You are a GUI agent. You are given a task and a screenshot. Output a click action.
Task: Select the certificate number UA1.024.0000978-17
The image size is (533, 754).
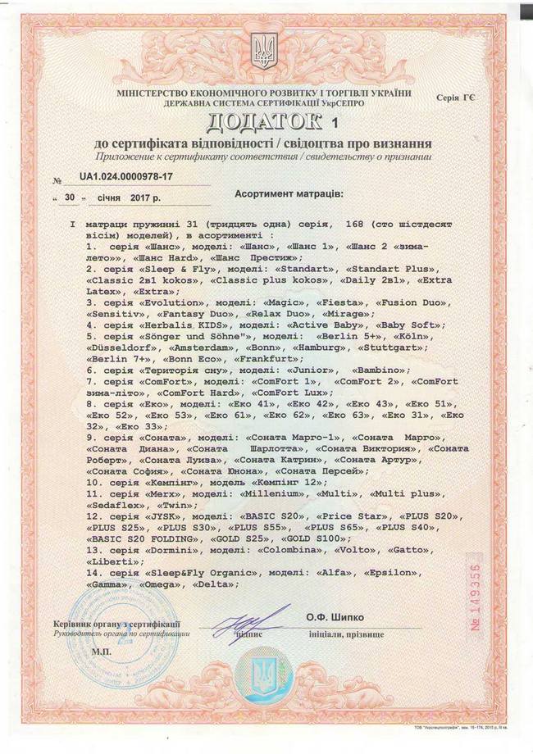[126, 177]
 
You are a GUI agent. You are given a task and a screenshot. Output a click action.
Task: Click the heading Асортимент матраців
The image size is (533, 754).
[290, 197]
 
